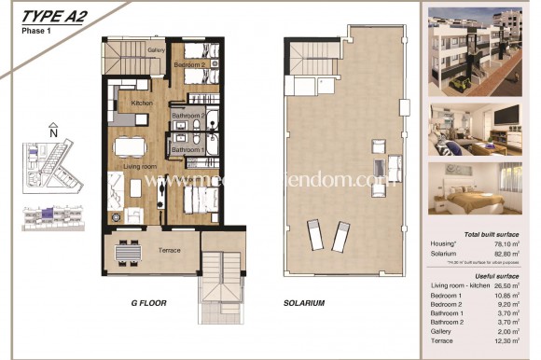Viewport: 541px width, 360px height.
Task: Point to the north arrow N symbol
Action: pos(53,132)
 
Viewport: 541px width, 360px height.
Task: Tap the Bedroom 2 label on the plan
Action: pos(189,65)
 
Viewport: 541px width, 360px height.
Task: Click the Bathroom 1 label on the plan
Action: pos(187,149)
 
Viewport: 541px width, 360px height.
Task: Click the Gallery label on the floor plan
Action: pos(157,50)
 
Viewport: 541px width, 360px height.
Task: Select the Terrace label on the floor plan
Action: pos(169,250)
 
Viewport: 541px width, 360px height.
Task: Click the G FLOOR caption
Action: pos(148,303)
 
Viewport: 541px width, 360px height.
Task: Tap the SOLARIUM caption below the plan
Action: pos(303,303)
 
